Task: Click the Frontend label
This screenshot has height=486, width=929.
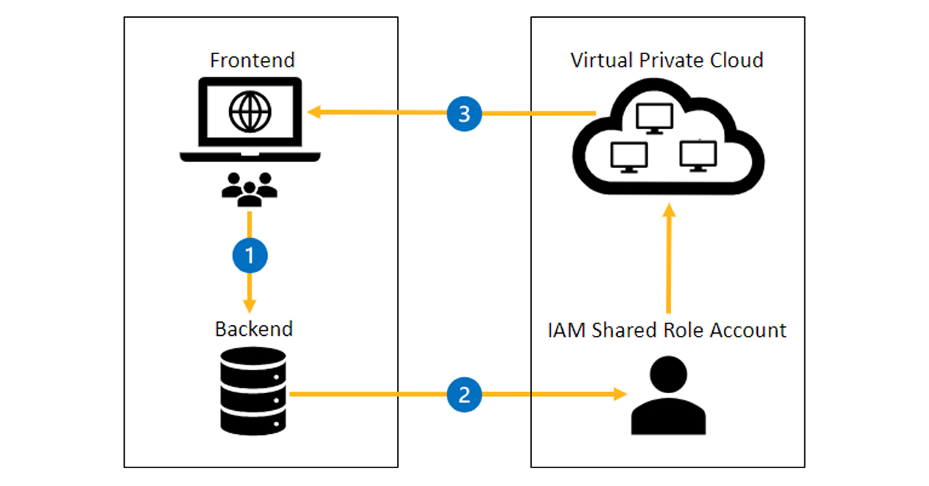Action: (x=253, y=60)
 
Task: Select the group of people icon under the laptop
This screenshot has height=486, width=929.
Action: (x=249, y=188)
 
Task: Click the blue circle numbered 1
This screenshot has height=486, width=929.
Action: (x=249, y=255)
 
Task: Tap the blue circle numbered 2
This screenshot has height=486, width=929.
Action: (x=464, y=395)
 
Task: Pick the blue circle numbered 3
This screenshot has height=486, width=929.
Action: (x=464, y=115)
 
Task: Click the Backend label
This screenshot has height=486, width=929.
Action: (x=254, y=328)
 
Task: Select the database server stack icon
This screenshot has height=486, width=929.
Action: (x=252, y=392)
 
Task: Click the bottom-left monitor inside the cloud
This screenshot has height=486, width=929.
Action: (x=628, y=157)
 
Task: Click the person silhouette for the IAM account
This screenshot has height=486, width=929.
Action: (x=668, y=396)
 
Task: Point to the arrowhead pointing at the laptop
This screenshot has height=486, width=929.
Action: (x=313, y=114)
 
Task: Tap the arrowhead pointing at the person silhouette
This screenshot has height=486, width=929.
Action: (x=619, y=395)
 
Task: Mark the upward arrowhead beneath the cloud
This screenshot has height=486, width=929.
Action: (x=669, y=210)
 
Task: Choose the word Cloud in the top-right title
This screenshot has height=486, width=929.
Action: (x=735, y=60)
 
